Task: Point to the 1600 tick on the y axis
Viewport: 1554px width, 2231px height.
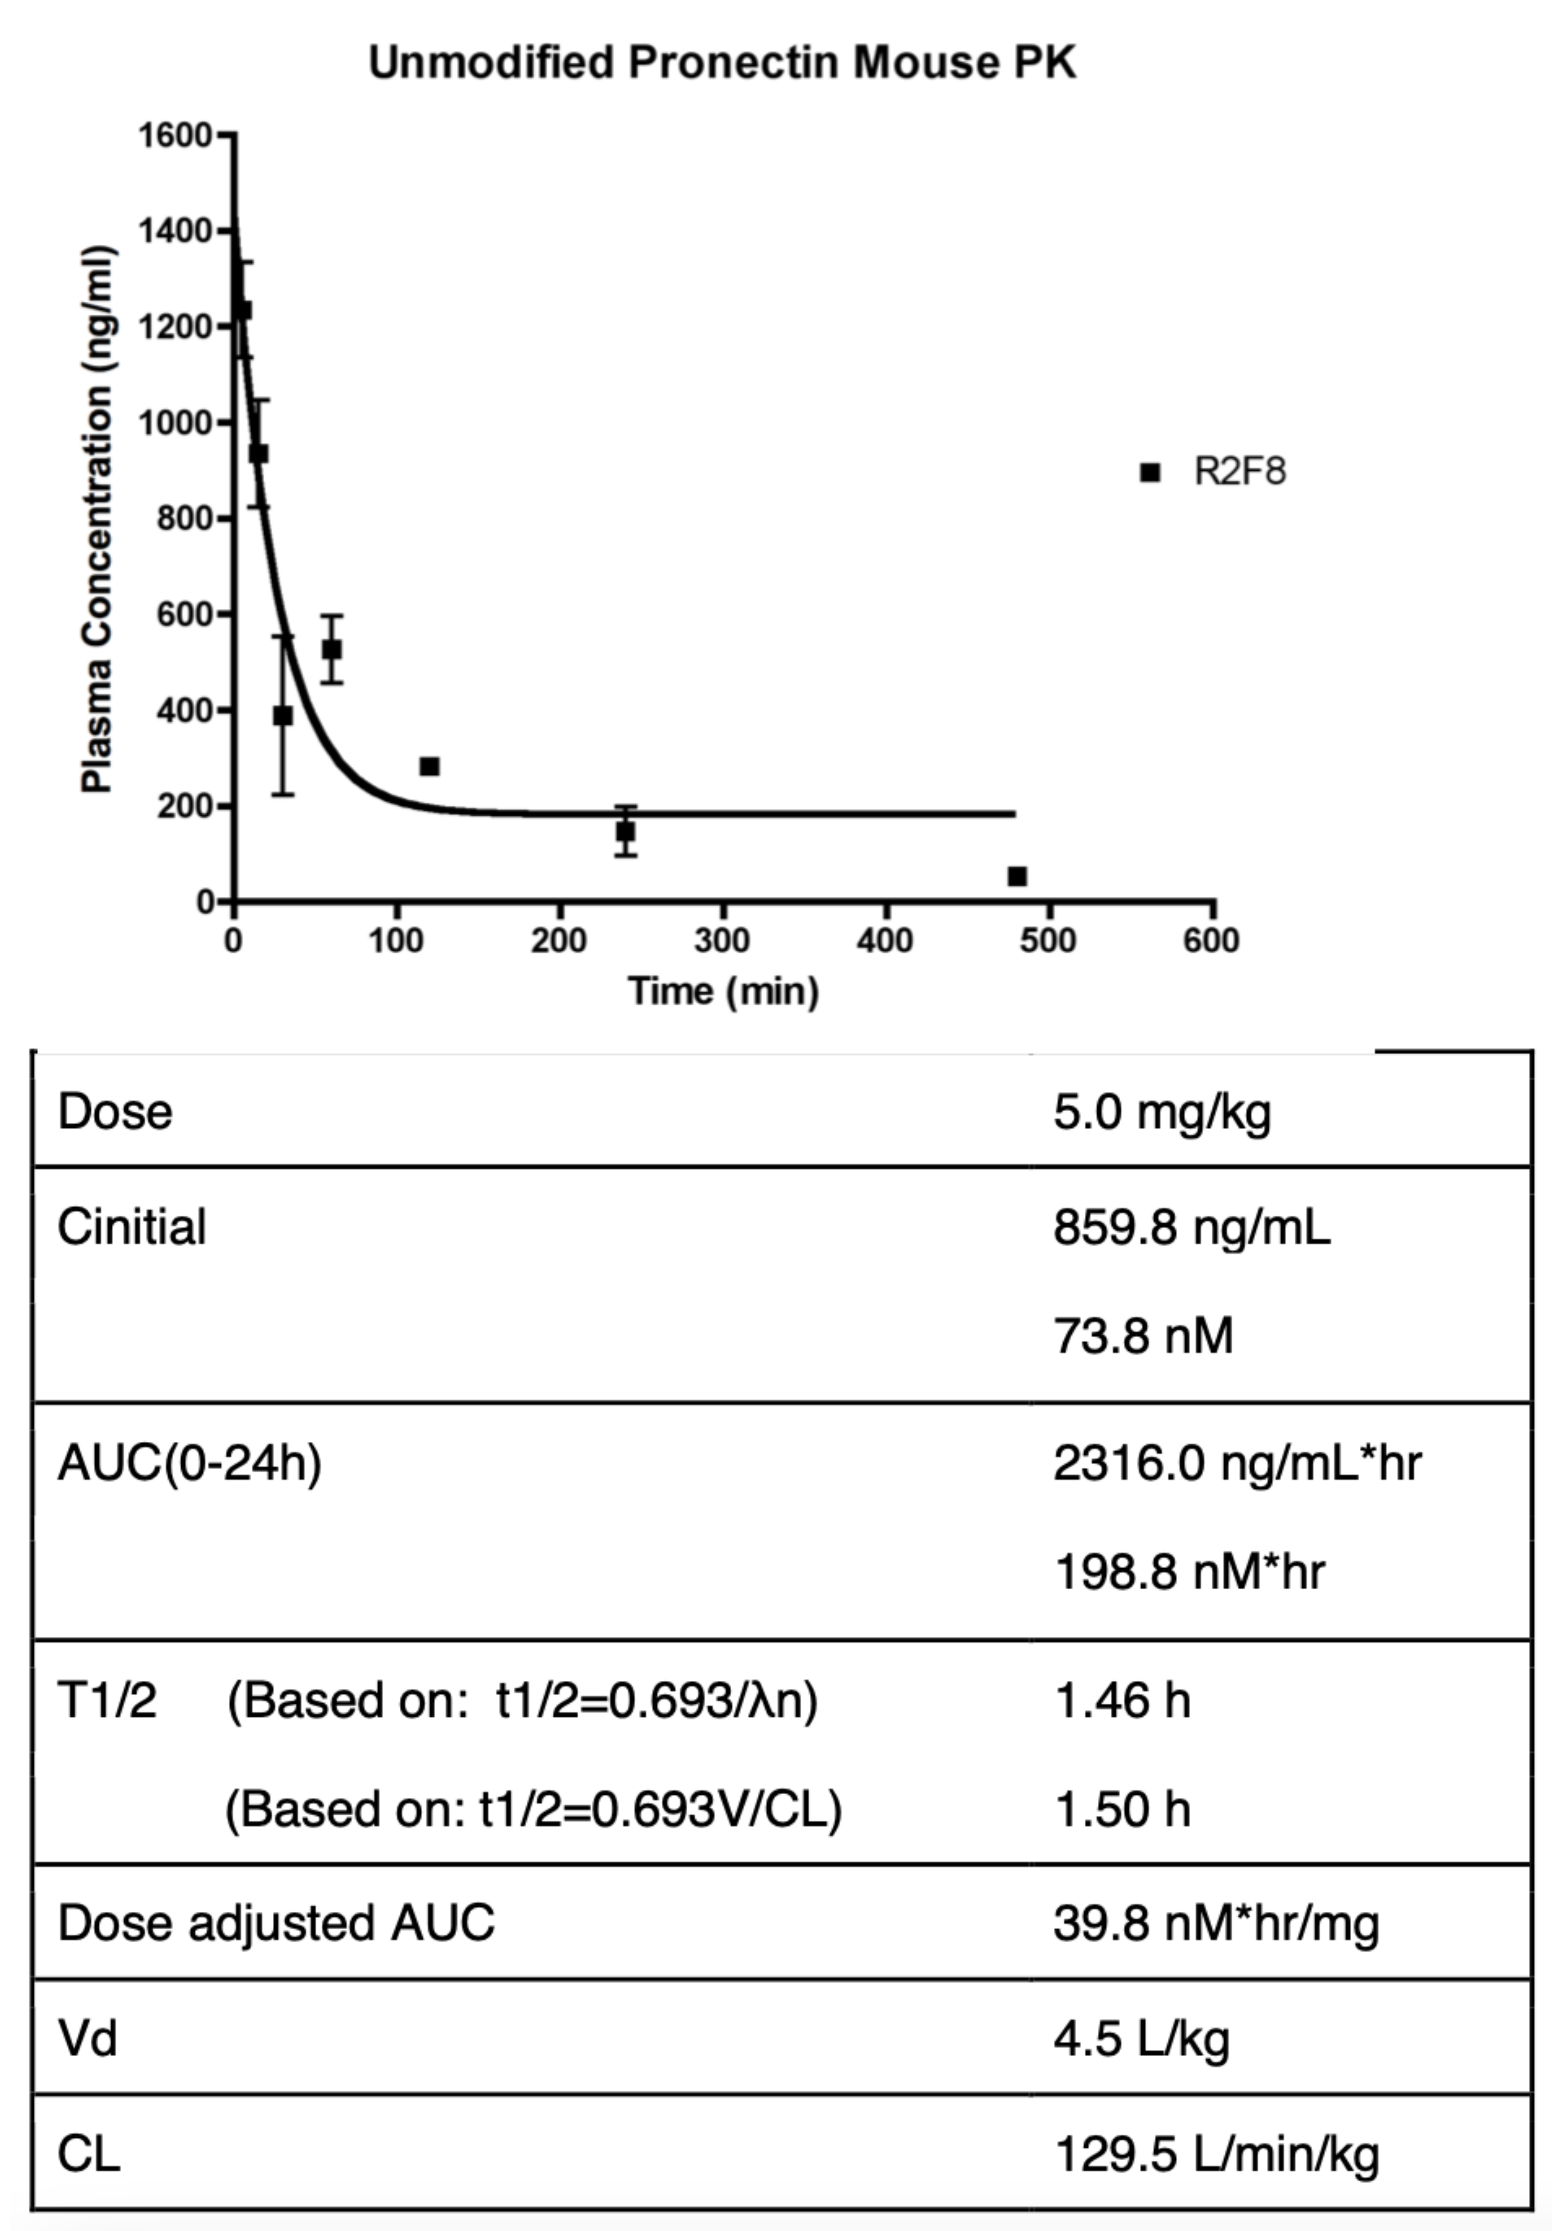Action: tap(175, 135)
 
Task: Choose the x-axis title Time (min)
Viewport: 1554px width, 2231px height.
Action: tap(723, 991)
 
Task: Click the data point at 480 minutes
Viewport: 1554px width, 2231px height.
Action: tap(1017, 876)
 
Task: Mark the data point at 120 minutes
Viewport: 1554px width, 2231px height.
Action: tap(430, 767)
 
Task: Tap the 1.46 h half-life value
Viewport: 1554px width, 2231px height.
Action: tap(1122, 1701)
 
